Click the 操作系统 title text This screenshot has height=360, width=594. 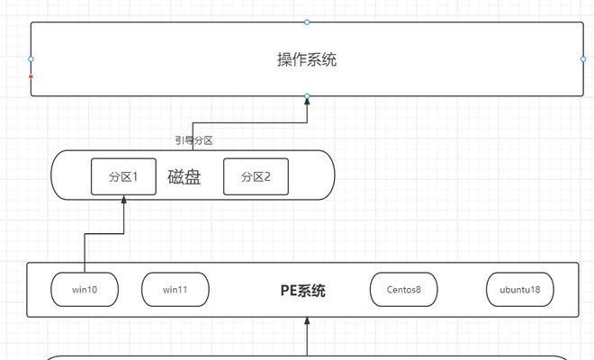pyautogui.click(x=307, y=59)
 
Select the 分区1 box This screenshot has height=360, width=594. pyautogui.click(x=123, y=176)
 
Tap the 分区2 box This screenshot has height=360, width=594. pyautogui.click(x=256, y=176)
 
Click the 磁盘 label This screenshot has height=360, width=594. pyautogui.click(x=184, y=177)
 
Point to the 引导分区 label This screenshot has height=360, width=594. pyautogui.click(x=194, y=140)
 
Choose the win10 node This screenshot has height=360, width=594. pyautogui.click(x=85, y=290)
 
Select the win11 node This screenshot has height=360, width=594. pyautogui.click(x=175, y=290)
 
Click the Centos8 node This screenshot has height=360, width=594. pyautogui.click(x=404, y=290)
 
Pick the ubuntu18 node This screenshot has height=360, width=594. pyautogui.click(x=520, y=290)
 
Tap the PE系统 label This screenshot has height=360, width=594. pyautogui.click(x=302, y=291)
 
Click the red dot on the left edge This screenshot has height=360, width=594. pyautogui.click(x=31, y=76)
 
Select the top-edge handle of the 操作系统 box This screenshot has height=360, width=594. pyautogui.click(x=307, y=22)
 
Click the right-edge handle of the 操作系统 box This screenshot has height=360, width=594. pyautogui.click(x=583, y=59)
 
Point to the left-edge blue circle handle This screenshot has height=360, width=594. pyautogui.click(x=31, y=59)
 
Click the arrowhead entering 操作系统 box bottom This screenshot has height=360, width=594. pyautogui.click(x=307, y=101)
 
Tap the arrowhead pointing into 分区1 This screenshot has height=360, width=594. pyautogui.click(x=123, y=199)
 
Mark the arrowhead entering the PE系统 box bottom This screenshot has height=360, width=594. pyautogui.click(x=307, y=321)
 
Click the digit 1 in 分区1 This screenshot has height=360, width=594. pyautogui.click(x=134, y=176)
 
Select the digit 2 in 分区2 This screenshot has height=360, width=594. pyautogui.click(x=266, y=176)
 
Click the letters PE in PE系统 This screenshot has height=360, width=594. pyautogui.click(x=289, y=291)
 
